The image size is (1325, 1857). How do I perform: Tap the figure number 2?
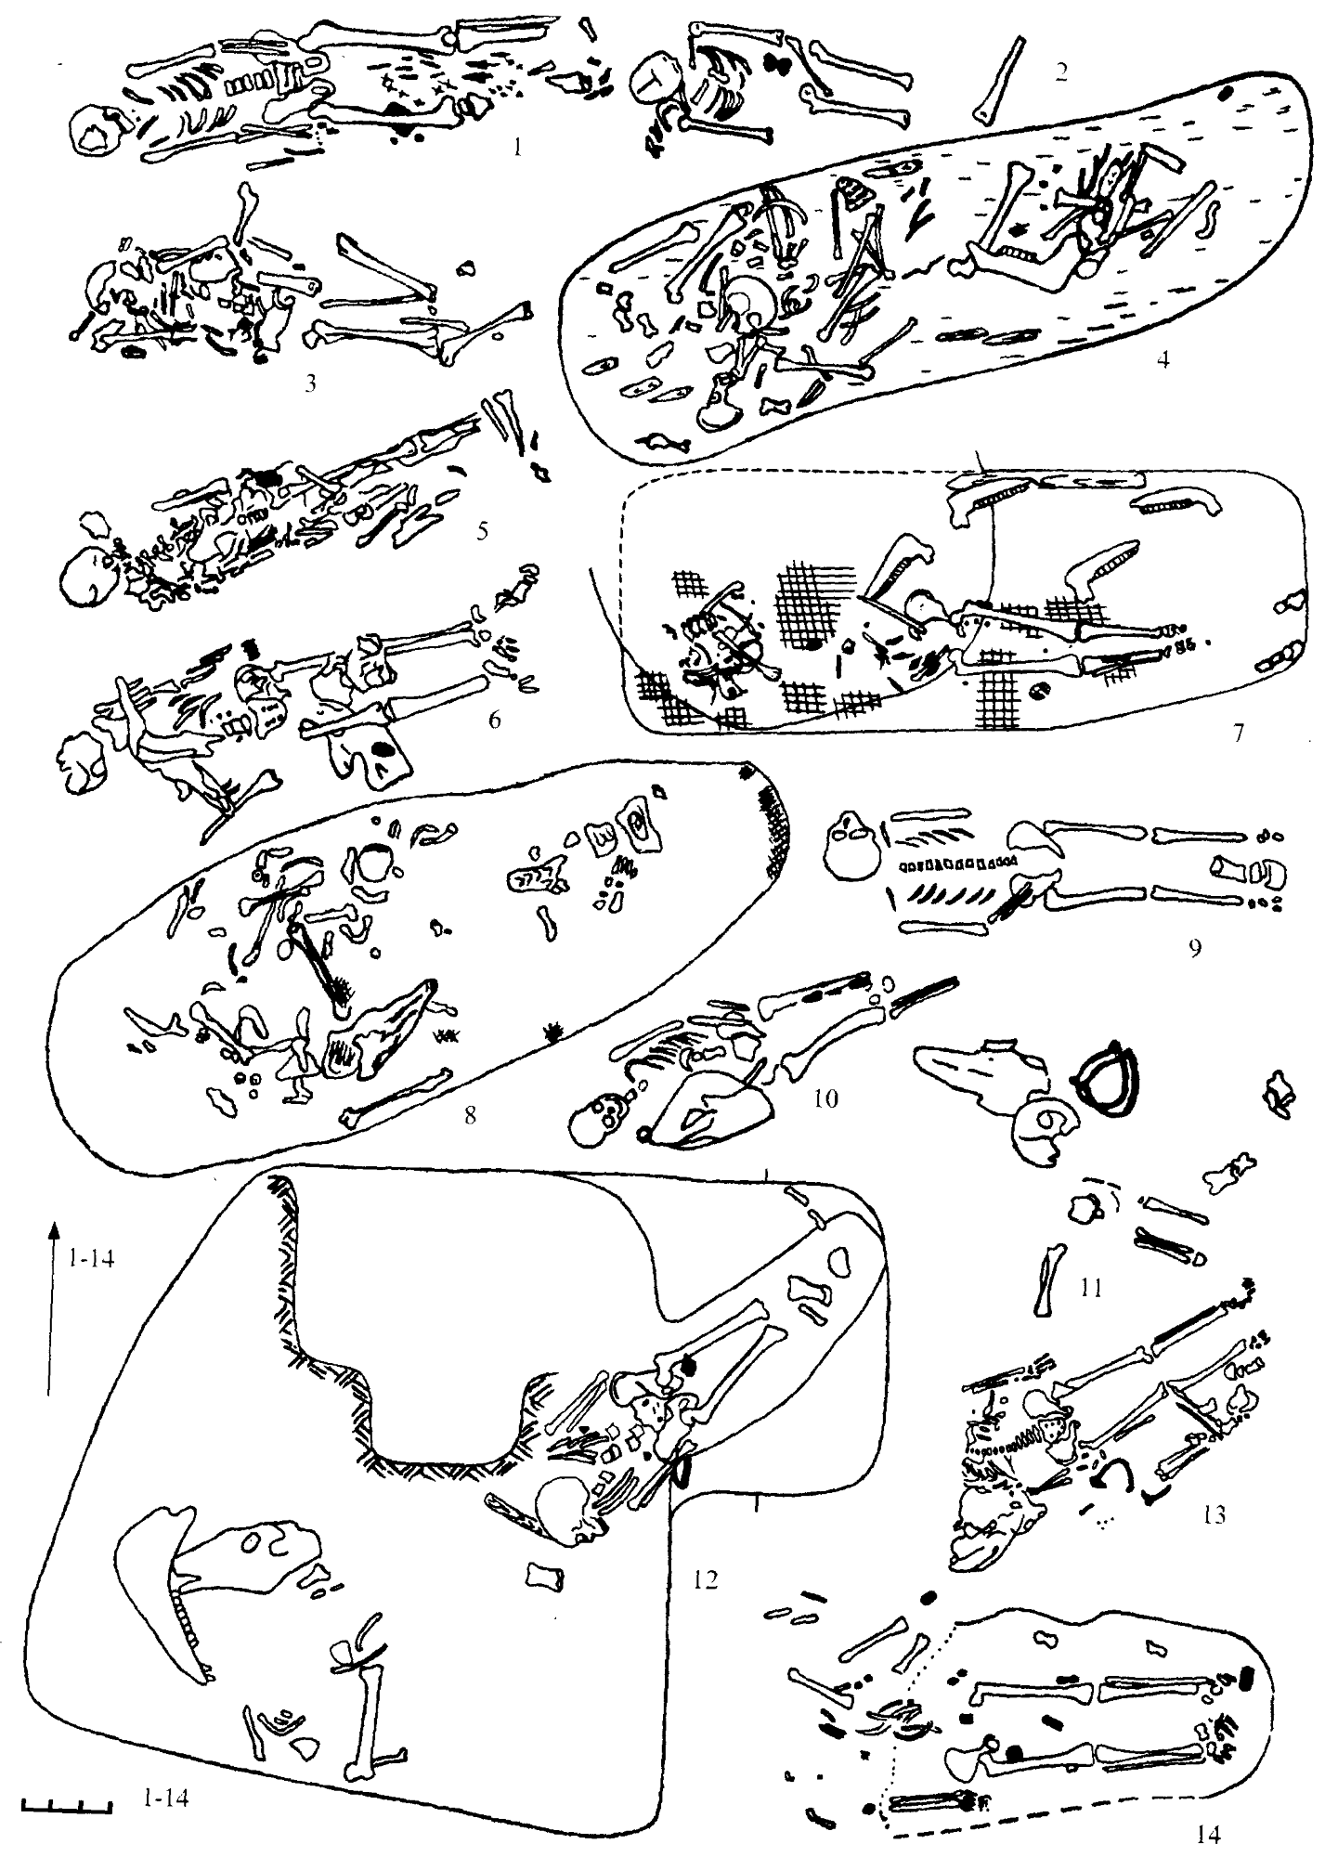[1061, 72]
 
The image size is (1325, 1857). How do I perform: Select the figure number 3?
[310, 383]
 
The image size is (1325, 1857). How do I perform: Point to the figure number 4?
[1162, 357]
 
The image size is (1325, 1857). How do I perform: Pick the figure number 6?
[495, 718]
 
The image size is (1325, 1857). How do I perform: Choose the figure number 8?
[471, 1115]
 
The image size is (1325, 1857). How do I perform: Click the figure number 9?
[1195, 947]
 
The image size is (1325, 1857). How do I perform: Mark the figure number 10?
[825, 1099]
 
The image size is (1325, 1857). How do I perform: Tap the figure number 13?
[1213, 1515]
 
